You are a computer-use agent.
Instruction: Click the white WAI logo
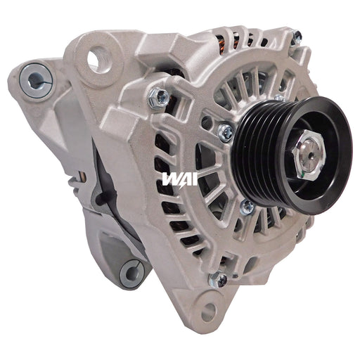click(180, 180)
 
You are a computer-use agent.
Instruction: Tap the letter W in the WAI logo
click(169, 180)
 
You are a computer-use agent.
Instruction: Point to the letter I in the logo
click(193, 180)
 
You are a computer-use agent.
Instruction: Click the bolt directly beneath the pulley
click(247, 207)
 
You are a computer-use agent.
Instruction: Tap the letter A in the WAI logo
click(183, 180)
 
